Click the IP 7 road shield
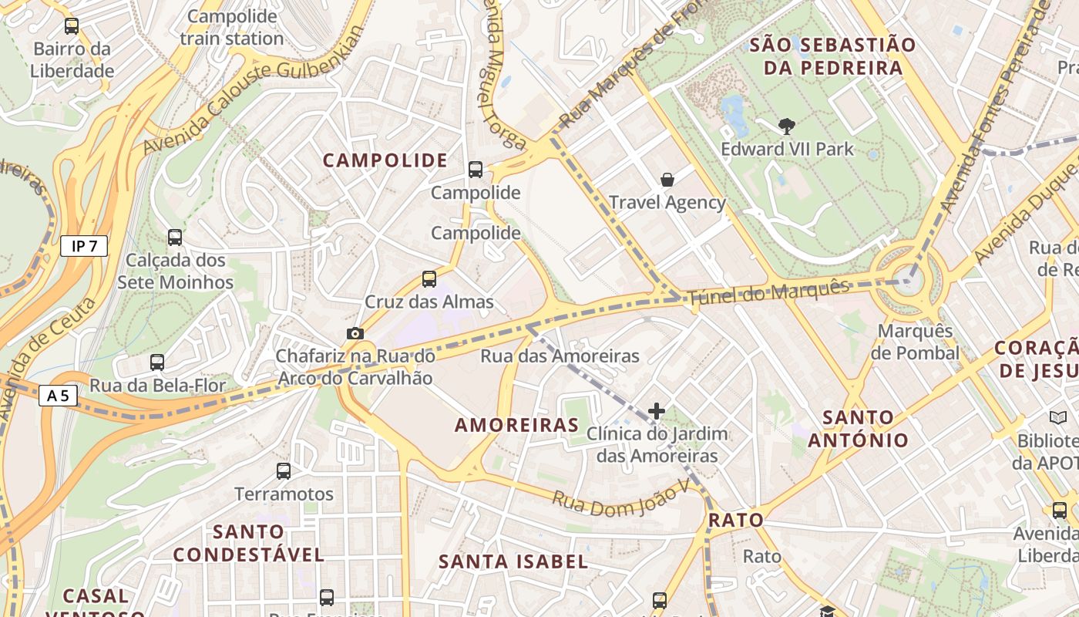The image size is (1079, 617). (x=84, y=246)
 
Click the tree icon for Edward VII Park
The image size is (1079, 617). (x=787, y=126)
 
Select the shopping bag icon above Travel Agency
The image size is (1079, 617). (x=667, y=180)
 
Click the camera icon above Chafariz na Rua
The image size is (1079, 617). (x=355, y=333)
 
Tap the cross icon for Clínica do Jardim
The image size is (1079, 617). (x=656, y=411)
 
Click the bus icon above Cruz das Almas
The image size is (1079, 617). (x=429, y=279)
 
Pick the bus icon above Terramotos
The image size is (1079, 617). (x=284, y=470)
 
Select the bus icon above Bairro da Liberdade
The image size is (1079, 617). (x=72, y=26)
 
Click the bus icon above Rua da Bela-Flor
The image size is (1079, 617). (x=157, y=362)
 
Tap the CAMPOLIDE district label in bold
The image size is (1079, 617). (x=385, y=160)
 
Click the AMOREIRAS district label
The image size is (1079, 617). (x=516, y=425)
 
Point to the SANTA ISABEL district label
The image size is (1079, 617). (x=513, y=561)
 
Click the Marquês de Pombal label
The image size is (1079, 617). (x=915, y=342)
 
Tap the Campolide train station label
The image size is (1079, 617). (x=232, y=27)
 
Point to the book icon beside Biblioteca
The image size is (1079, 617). (x=1058, y=417)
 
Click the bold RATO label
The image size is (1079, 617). (x=735, y=520)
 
